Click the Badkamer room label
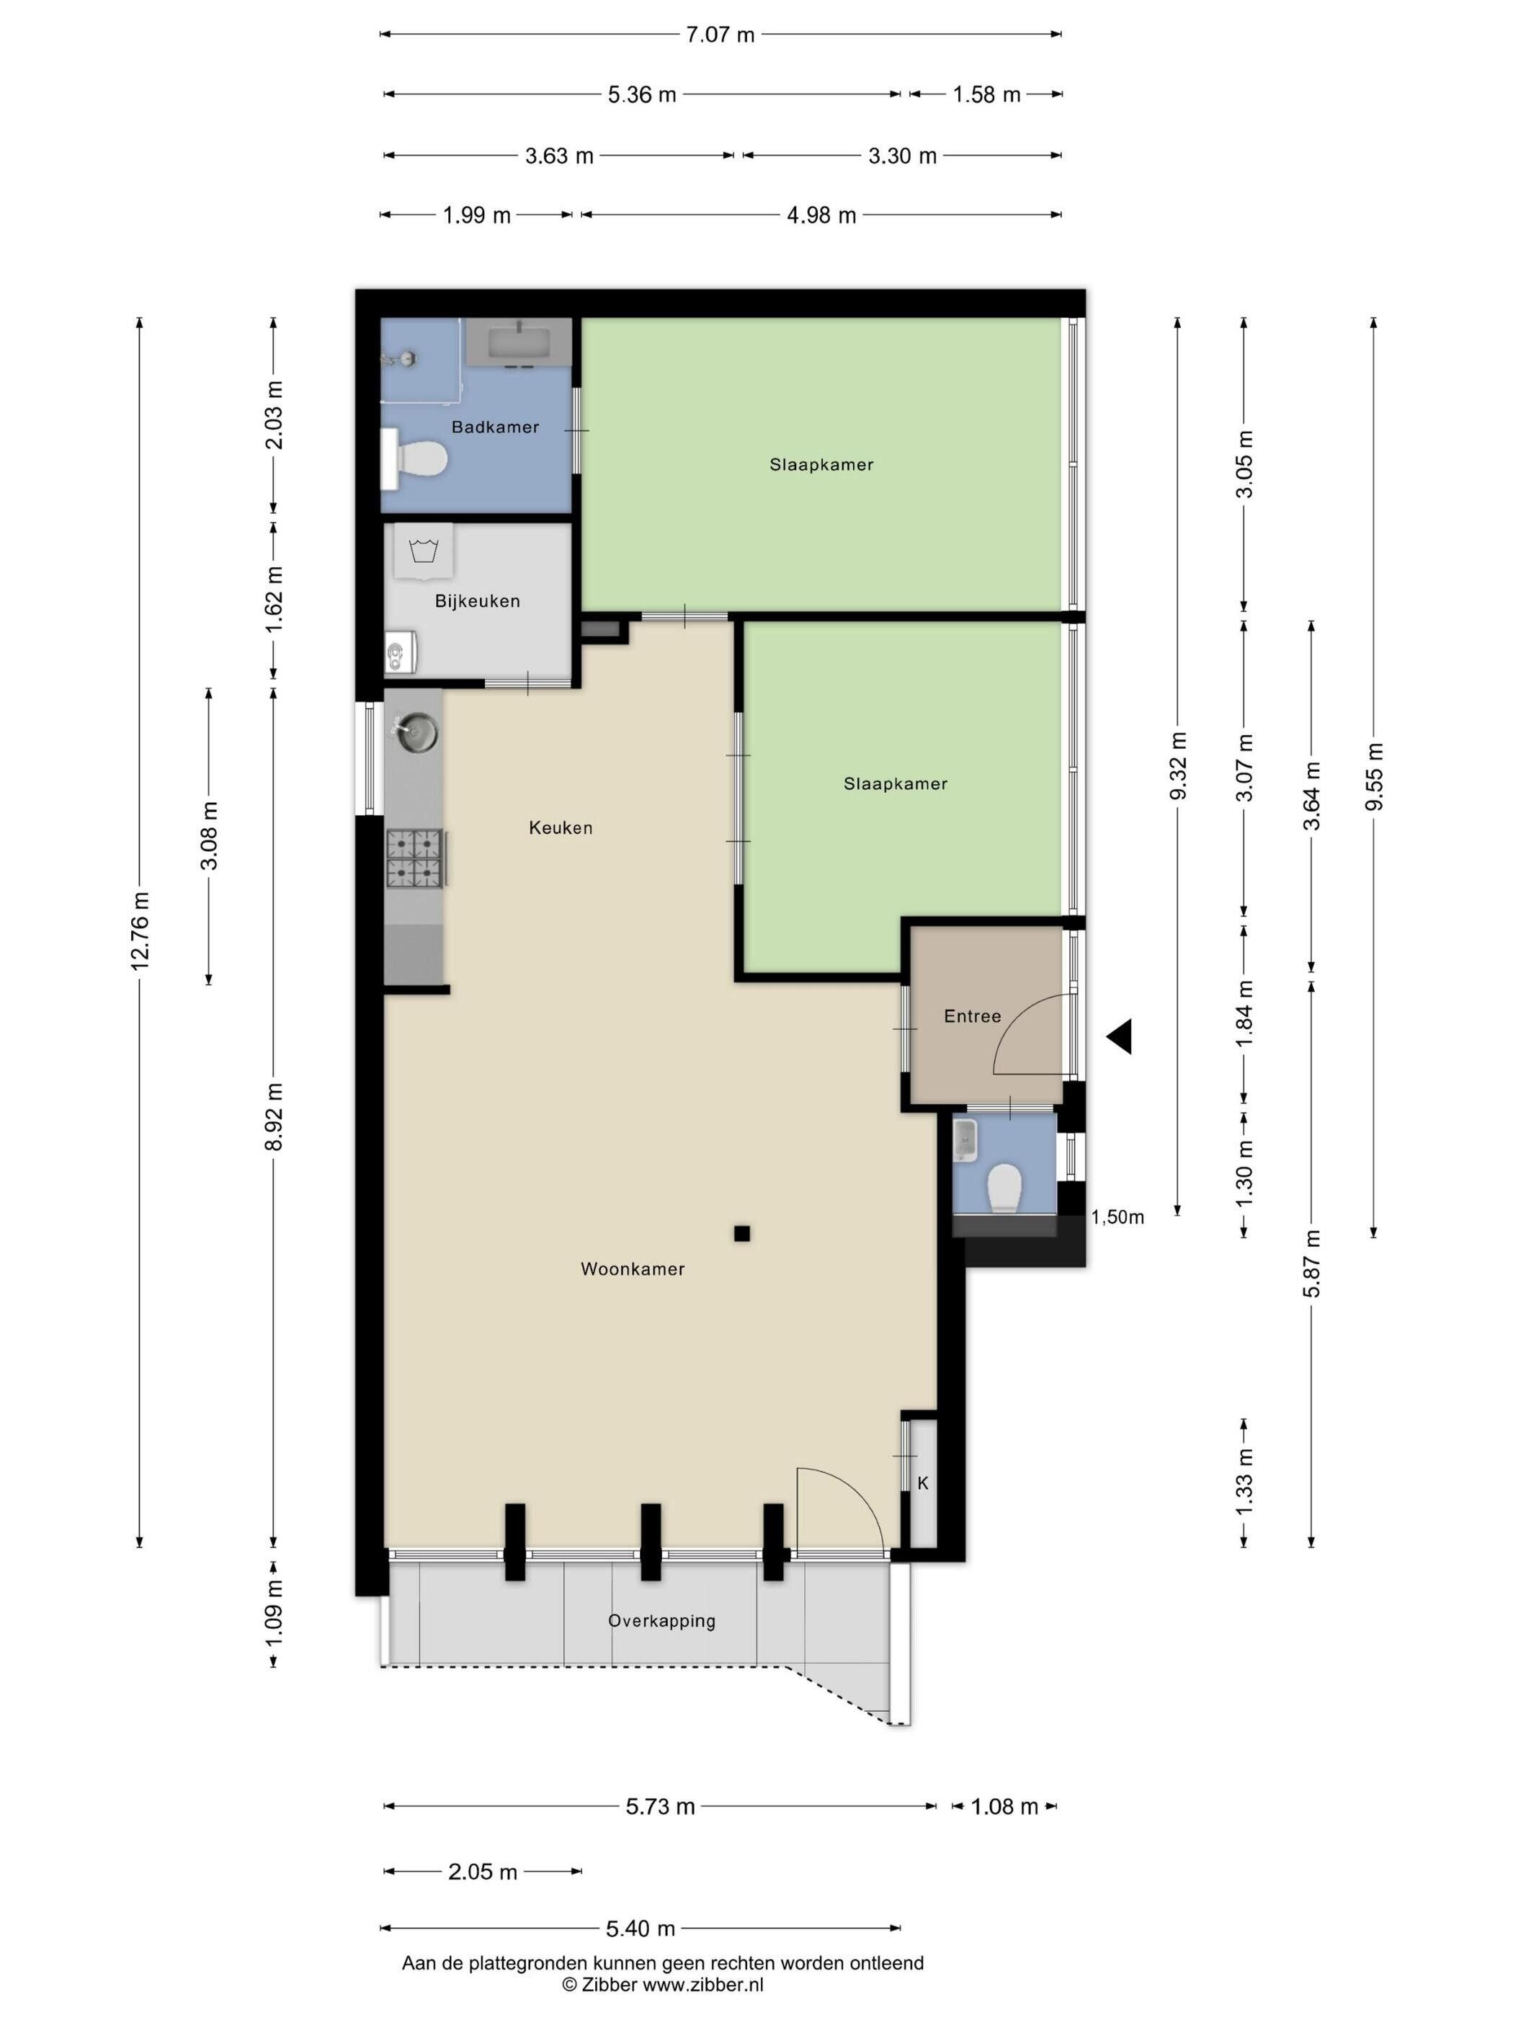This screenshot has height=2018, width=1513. point(495,427)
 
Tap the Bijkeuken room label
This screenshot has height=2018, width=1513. point(477,601)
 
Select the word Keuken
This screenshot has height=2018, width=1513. point(561,827)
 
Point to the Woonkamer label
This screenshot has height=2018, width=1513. point(633,1269)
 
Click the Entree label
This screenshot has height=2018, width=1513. point(972,1016)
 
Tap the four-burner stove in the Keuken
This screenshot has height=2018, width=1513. point(416,858)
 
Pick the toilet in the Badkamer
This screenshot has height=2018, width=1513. point(416,459)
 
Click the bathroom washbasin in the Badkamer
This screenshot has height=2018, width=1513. point(518,343)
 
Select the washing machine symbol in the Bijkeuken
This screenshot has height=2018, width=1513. point(423,552)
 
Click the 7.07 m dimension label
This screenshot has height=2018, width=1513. point(720,35)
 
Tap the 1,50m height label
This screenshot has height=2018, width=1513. point(1117,1217)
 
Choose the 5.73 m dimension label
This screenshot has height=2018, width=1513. point(660,1806)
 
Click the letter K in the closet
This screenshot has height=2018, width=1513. point(923,1483)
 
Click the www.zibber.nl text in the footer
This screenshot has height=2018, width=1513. point(703,1985)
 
